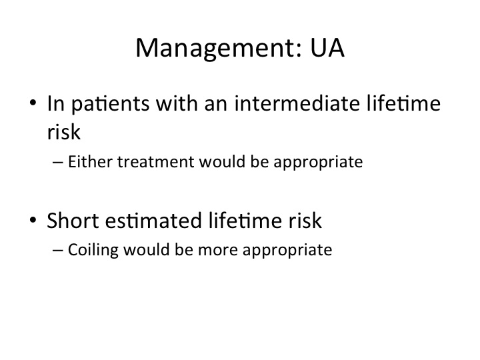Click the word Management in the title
click(219, 49)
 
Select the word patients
click(111, 105)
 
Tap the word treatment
click(155, 162)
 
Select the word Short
click(73, 220)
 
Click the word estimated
click(153, 220)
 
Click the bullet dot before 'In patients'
click(33, 103)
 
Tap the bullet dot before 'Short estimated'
click(33, 219)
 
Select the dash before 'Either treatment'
click(58, 162)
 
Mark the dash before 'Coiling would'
click(58, 251)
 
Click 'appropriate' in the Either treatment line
click(318, 163)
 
